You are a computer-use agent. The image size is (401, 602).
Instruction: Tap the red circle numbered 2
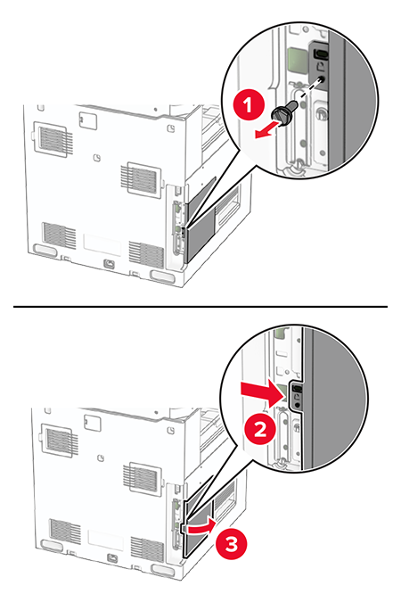click(x=259, y=430)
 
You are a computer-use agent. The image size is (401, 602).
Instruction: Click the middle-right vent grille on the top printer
click(x=140, y=175)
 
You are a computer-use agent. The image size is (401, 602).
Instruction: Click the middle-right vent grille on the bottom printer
click(x=140, y=473)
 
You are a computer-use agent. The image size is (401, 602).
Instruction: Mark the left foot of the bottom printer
click(x=49, y=545)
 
